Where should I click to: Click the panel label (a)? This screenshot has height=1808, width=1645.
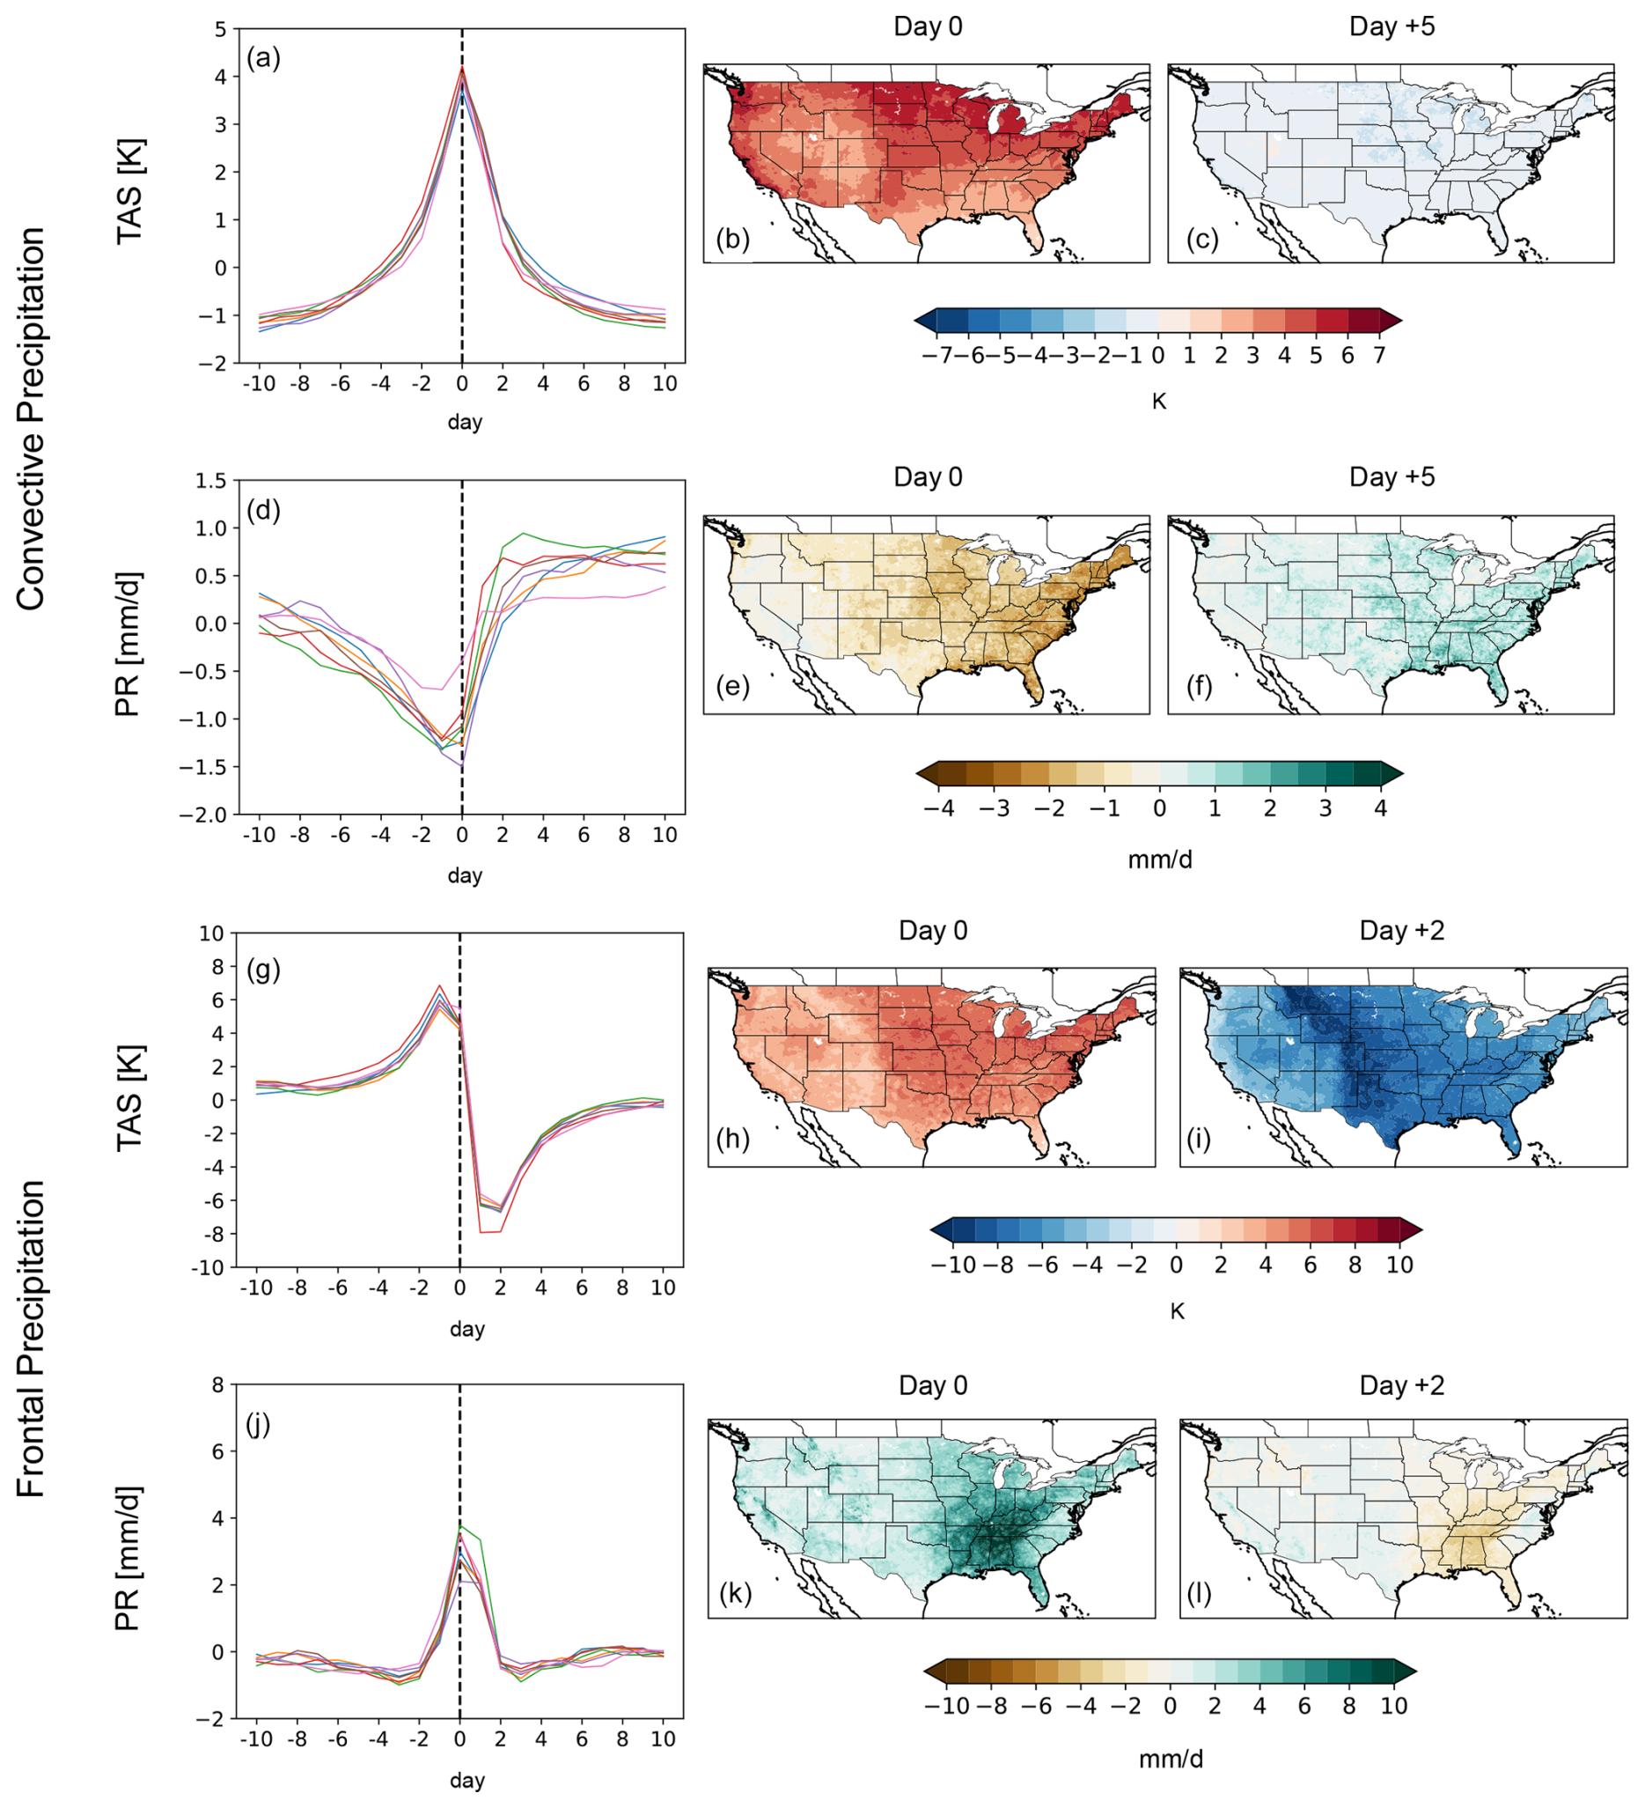point(263,59)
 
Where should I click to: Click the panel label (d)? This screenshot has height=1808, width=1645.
point(263,510)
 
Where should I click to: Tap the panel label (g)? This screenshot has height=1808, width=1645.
point(262,970)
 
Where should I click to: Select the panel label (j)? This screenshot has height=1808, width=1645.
point(258,1423)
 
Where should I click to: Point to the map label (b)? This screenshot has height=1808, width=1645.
point(732,240)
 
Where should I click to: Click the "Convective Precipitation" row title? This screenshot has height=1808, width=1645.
point(32,419)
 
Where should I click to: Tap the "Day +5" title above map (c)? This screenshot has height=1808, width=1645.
point(1392,27)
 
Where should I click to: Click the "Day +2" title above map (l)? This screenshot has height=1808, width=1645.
point(1402,1384)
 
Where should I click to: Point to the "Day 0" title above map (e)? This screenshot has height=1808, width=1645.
point(928,477)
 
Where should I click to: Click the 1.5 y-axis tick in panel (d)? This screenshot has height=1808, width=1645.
point(210,482)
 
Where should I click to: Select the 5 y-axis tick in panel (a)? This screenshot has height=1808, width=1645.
point(221,30)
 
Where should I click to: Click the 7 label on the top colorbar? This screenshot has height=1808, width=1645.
point(1378,356)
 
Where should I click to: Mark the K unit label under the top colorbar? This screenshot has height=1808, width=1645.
point(1158,401)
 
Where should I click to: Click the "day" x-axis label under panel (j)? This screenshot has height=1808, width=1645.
point(467,1780)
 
